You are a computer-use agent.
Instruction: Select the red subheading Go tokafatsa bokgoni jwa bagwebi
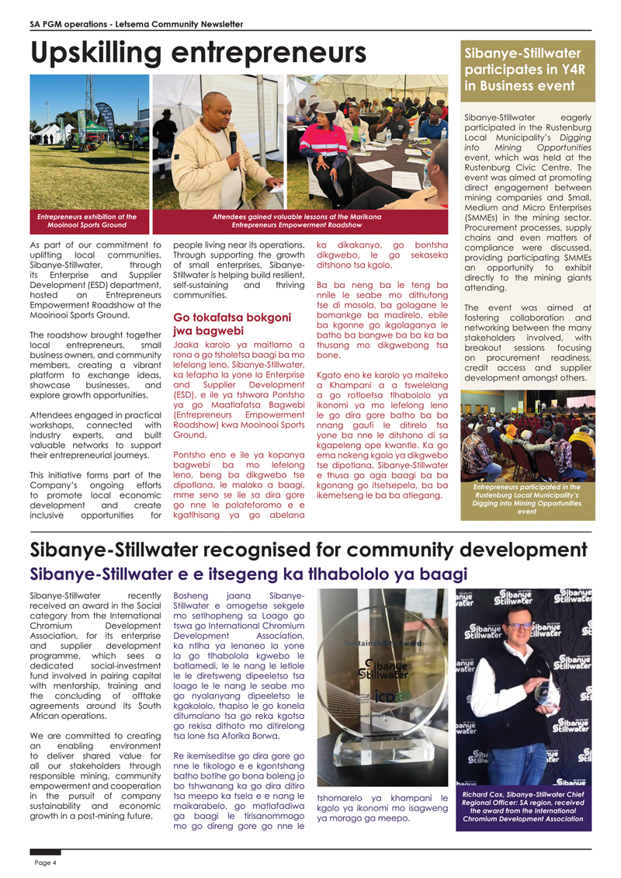232,324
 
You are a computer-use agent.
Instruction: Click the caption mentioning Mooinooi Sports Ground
87,221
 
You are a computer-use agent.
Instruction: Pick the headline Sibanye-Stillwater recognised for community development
307,550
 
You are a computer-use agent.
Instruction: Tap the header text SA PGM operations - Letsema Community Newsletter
131,24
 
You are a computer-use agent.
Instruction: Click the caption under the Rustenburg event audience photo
526,498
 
